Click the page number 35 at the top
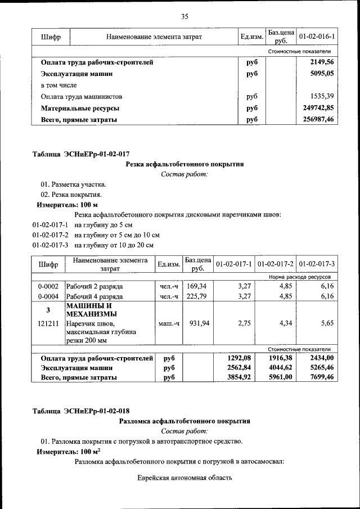[x=184, y=16]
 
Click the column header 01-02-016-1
[x=317, y=37]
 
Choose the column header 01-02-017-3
[x=317, y=264]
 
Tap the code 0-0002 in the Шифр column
[x=48, y=286]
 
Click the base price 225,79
[x=196, y=296]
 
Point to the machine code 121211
[x=48, y=323]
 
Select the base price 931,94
[x=196, y=323]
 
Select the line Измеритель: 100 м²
[x=69, y=452]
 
